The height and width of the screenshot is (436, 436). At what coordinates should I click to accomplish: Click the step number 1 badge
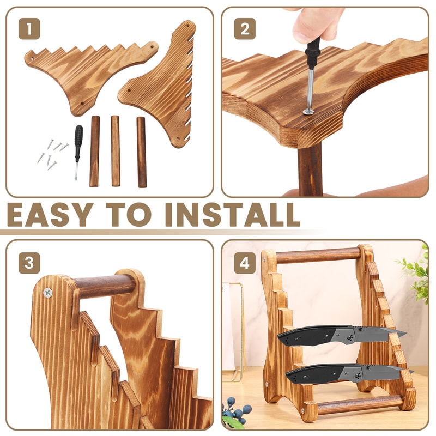tap(29, 28)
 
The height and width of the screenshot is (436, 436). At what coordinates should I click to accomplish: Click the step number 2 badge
tap(245, 28)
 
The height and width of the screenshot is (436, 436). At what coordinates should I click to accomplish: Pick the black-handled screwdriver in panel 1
tap(78, 147)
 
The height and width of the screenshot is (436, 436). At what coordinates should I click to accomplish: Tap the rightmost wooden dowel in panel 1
tap(142, 152)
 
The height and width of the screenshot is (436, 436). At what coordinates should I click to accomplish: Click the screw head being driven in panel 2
tap(308, 111)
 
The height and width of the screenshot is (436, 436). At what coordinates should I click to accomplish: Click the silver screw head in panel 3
tap(49, 293)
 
